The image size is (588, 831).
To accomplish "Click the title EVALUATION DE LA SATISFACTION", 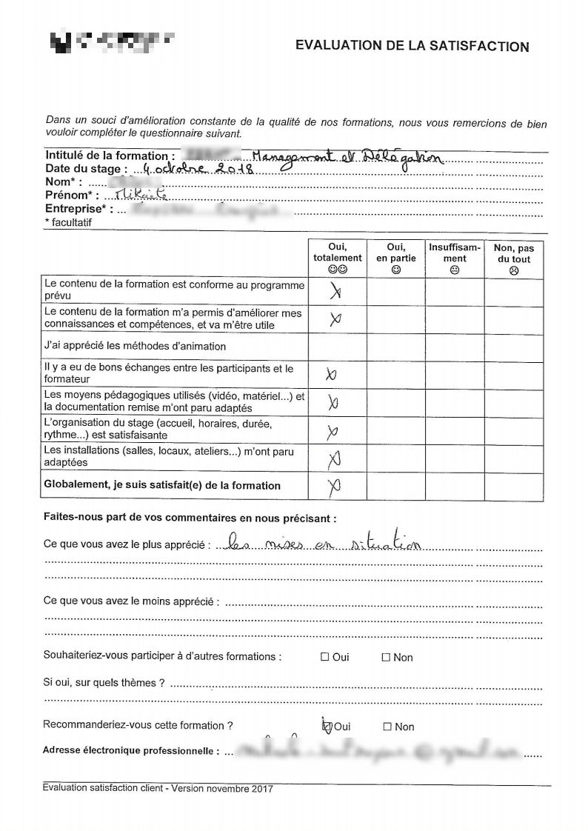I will coord(412,47).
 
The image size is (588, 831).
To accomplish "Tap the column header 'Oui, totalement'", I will coord(337,258).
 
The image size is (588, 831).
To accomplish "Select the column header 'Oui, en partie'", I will coord(396,258).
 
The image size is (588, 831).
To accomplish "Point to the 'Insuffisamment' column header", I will coord(455,258).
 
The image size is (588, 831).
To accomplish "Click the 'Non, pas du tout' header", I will coord(514,258).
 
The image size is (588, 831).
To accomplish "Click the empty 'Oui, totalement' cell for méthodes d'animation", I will coord(337,347).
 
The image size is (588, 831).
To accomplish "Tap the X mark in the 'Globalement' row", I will coord(335,487).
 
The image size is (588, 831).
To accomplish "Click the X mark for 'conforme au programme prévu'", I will coord(335,293).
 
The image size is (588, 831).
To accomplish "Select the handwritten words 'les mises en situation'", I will coord(323,544).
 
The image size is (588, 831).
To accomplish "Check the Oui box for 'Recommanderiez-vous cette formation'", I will coord(326,727).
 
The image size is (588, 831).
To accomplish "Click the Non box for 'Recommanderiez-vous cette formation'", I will coord(387,727).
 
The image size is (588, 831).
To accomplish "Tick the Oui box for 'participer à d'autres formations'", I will coord(324,657).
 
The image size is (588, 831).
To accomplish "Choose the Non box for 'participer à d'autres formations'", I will coord(385,657).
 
